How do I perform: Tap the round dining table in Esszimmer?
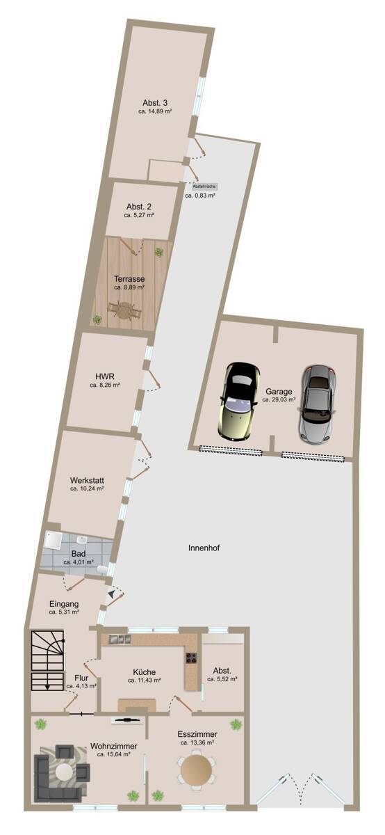click(196, 770)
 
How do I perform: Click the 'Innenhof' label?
click(204, 548)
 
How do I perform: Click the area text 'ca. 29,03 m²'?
click(279, 400)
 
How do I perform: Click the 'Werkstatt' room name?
click(87, 480)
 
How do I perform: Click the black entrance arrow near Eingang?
click(110, 595)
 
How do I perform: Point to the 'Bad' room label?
click(79, 553)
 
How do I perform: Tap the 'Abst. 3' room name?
click(155, 102)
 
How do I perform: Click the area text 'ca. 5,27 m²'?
click(139, 216)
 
